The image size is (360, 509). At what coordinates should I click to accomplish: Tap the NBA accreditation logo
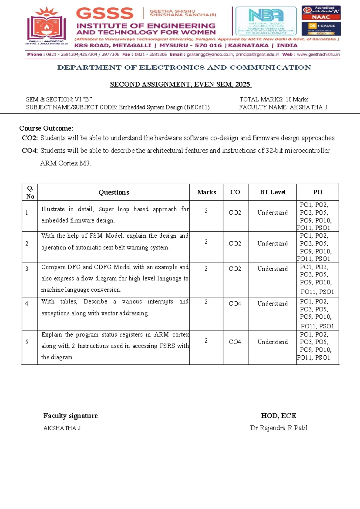pos(266,20)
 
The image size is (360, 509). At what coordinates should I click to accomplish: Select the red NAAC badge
pos(321,17)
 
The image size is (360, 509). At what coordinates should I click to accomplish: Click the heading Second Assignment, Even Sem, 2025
pos(181,85)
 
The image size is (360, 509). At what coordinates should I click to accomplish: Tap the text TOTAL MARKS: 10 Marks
pos(274,99)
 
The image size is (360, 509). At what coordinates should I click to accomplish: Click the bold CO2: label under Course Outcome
pos(30,138)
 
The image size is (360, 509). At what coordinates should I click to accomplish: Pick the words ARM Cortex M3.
pos(65,163)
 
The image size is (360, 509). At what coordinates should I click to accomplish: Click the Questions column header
pos(114,192)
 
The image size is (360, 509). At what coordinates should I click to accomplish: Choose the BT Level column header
pos(272,192)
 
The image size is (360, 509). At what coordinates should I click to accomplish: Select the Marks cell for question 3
pos(206,269)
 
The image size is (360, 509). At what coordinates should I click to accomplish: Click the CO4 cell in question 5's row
pos(235,342)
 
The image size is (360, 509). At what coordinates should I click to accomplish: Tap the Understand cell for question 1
pos(272,213)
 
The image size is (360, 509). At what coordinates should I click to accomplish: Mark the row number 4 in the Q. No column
pos(27,304)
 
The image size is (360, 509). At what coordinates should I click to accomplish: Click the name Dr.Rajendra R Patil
pos(278,428)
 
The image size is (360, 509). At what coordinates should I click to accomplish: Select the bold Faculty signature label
pos(70,416)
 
